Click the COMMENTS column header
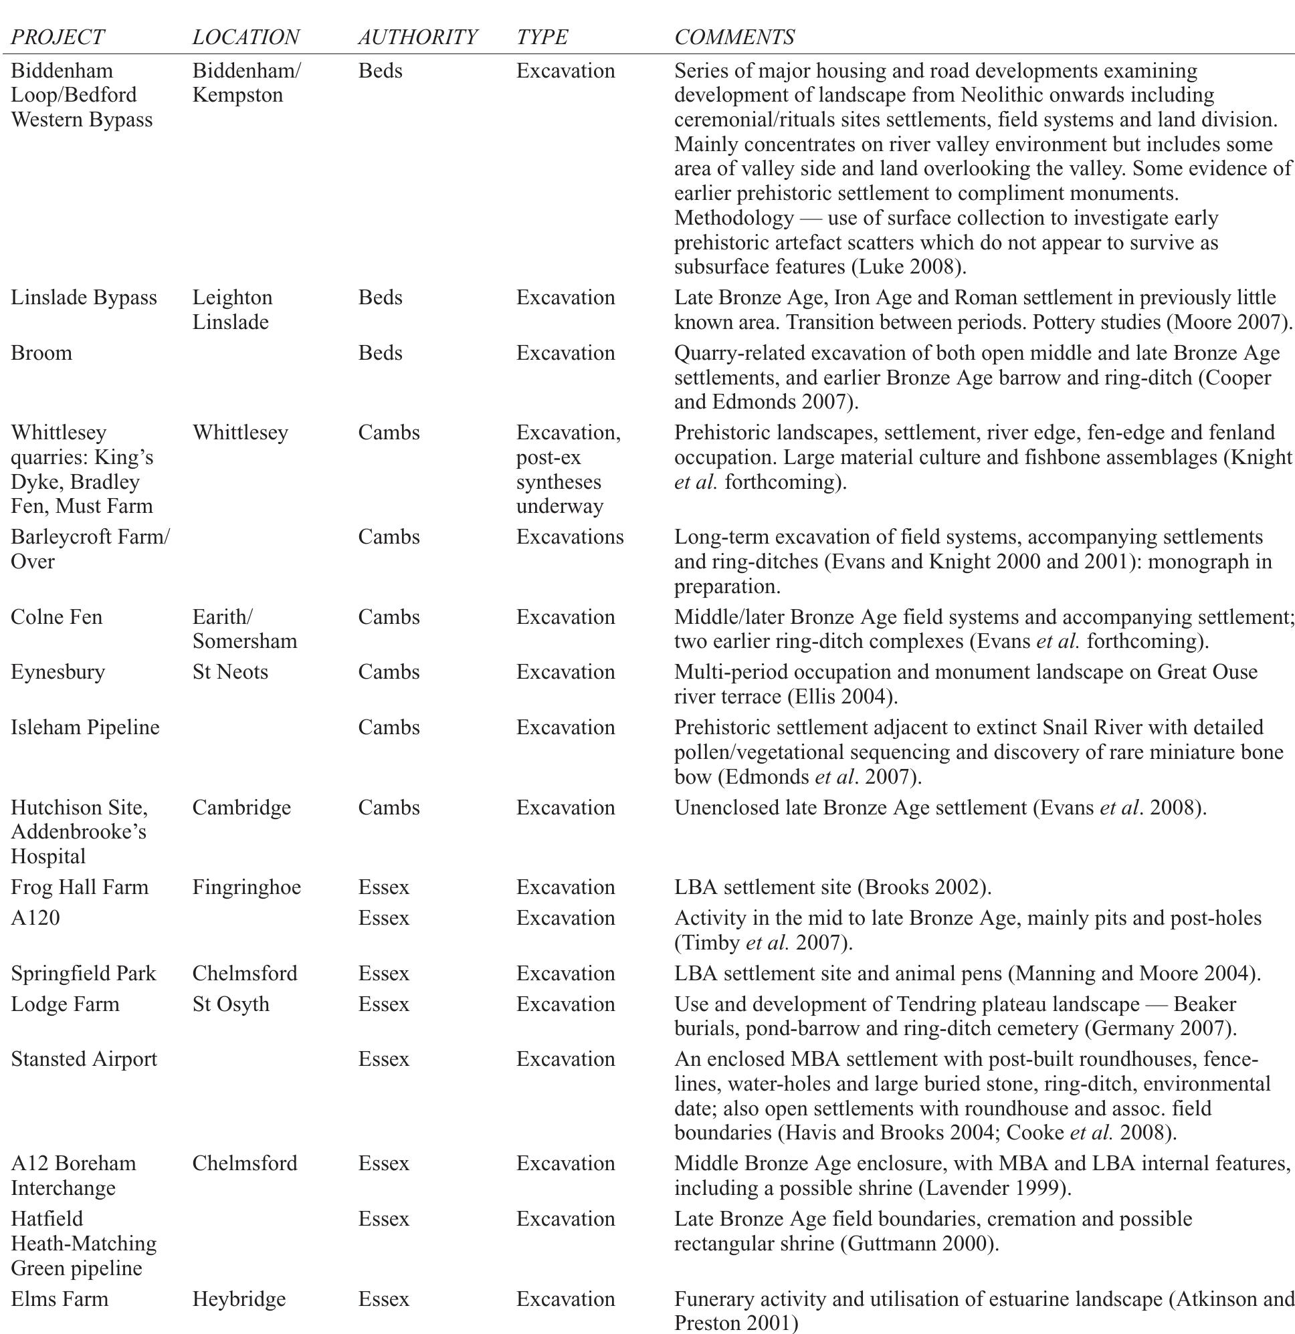pyautogui.click(x=734, y=37)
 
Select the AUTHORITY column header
pyautogui.click(x=417, y=37)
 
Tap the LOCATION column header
pyautogui.click(x=245, y=37)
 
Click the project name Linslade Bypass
pyautogui.click(x=84, y=298)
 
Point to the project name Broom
pyautogui.click(x=41, y=352)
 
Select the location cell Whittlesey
pyautogui.click(x=239, y=432)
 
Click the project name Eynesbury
pyautogui.click(x=58, y=672)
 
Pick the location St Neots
pyautogui.click(x=230, y=672)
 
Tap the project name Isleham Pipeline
pyautogui.click(x=85, y=727)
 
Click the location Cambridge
pyautogui.click(x=241, y=807)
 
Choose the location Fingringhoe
pyautogui.click(x=246, y=887)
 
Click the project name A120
pyautogui.click(x=35, y=917)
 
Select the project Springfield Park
pyautogui.click(x=84, y=973)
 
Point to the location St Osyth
pyautogui.click(x=231, y=1004)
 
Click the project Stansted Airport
pyautogui.click(x=84, y=1059)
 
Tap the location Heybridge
pyautogui.click(x=239, y=1299)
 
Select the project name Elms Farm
pyautogui.click(x=60, y=1299)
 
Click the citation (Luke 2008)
pyautogui.click(x=908, y=267)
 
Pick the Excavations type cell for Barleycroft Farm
pyautogui.click(x=569, y=537)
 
